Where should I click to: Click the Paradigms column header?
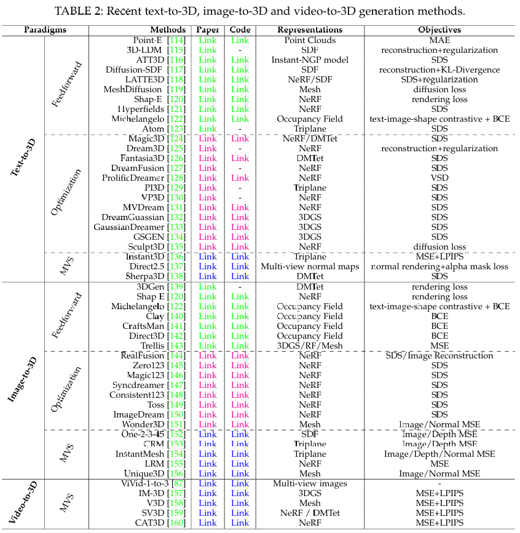pyautogui.click(x=45, y=30)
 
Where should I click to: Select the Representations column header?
pyautogui.click(x=310, y=30)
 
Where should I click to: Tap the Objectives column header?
pyautogui.click(x=439, y=30)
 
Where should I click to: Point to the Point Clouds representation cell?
pyautogui.click(x=310, y=40)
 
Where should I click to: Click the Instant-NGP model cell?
pyautogui.click(x=310, y=60)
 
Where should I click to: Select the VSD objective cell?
pyautogui.click(x=439, y=178)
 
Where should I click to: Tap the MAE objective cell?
pyautogui.click(x=439, y=40)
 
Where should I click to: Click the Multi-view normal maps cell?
pyautogui.click(x=310, y=266)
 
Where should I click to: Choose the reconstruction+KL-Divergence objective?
pyautogui.click(x=439, y=69)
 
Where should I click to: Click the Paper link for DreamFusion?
pyautogui.click(x=208, y=168)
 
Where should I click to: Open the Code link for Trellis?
pyautogui.click(x=240, y=345)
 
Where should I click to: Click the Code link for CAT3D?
pyautogui.click(x=240, y=523)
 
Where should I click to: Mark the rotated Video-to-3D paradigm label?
pyautogui.click(x=25, y=502)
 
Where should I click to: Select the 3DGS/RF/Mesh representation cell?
pyautogui.click(x=310, y=345)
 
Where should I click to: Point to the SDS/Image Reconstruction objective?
pyautogui.click(x=439, y=355)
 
